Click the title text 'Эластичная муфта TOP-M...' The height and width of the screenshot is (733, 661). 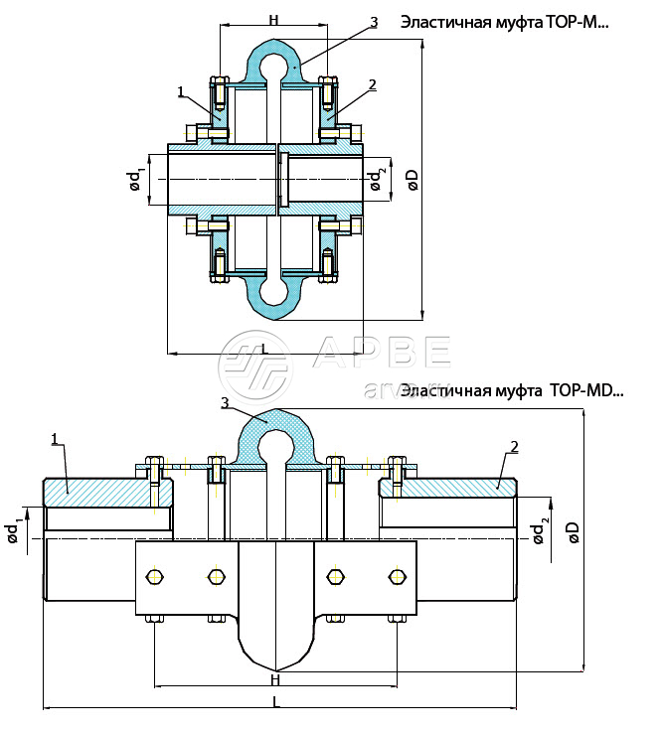[503, 22]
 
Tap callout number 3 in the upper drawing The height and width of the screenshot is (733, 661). [373, 22]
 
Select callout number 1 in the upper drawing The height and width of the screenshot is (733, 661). [181, 91]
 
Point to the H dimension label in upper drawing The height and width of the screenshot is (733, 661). [272, 20]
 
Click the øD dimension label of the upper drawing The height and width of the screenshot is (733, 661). [413, 179]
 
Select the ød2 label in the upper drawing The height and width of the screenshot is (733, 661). [376, 180]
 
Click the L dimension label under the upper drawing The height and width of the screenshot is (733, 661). [263, 349]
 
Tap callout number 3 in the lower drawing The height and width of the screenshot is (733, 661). [226, 403]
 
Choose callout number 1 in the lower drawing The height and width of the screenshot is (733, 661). [54, 438]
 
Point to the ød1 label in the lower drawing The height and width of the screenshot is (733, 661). [13, 532]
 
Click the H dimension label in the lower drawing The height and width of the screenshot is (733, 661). [275, 680]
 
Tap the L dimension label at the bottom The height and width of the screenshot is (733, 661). [275, 702]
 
